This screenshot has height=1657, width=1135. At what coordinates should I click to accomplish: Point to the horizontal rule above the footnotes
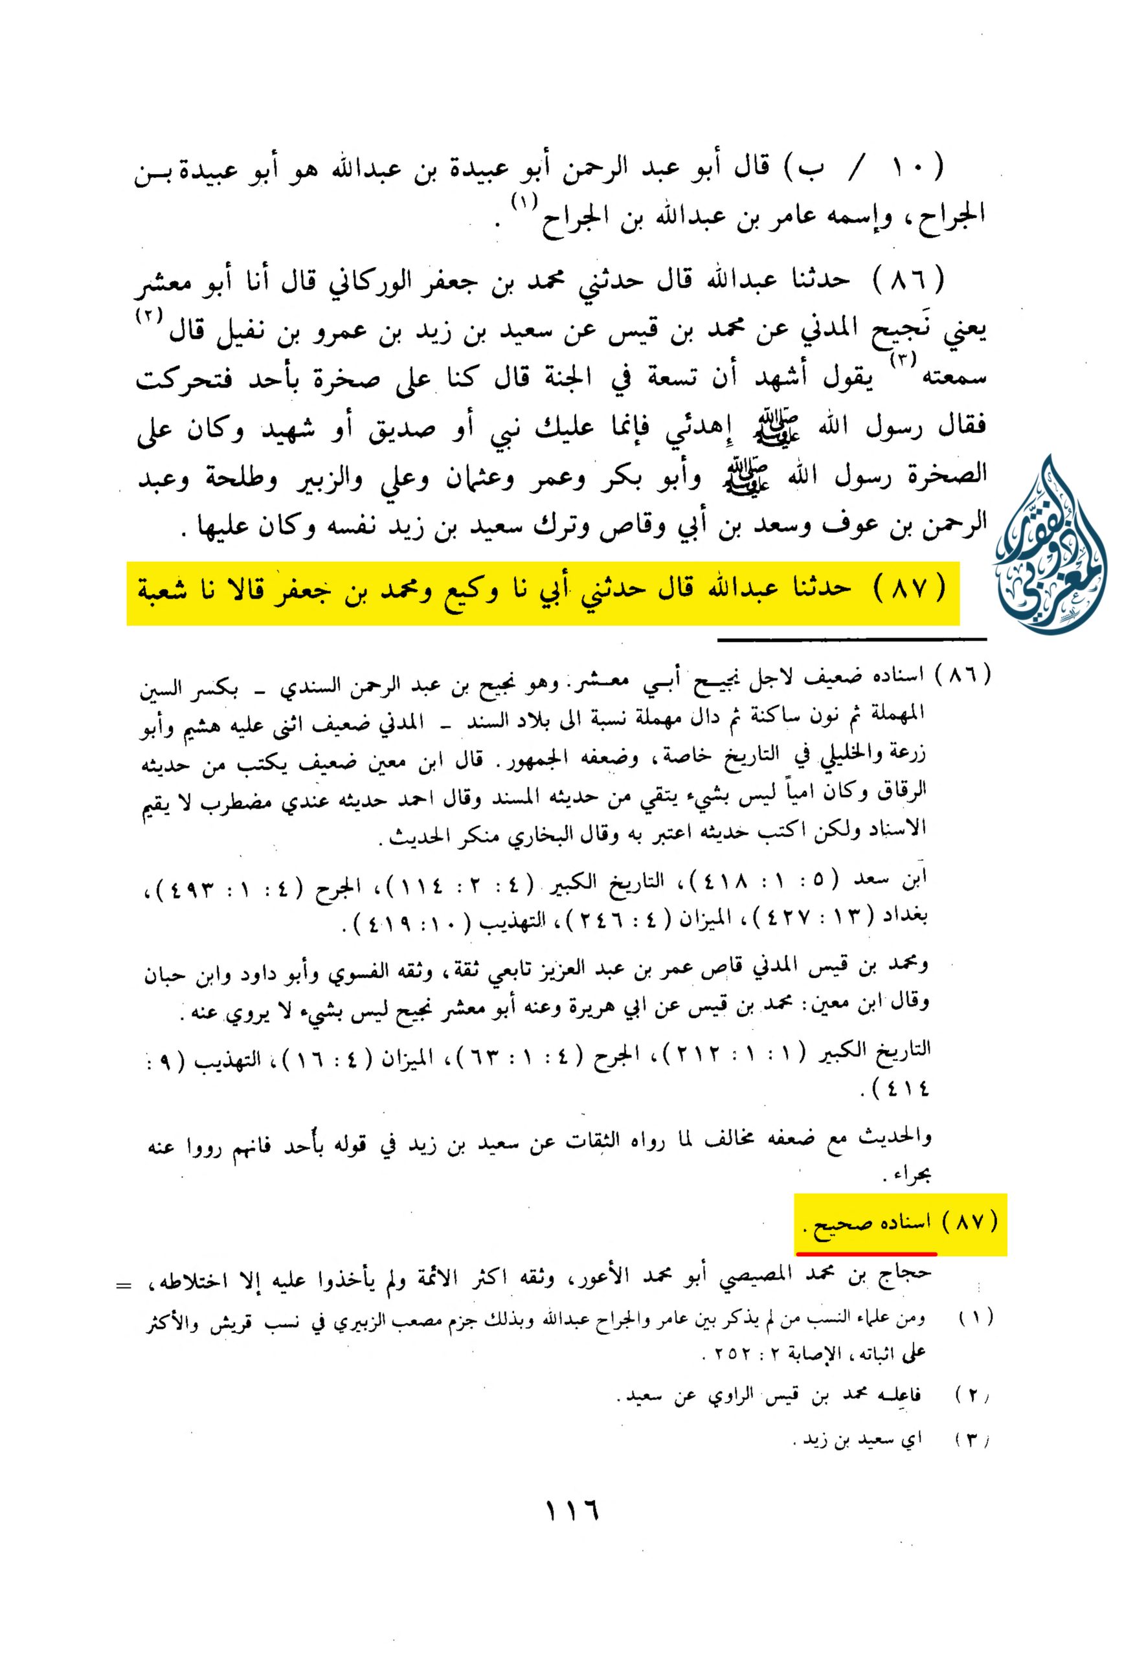point(852,639)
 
